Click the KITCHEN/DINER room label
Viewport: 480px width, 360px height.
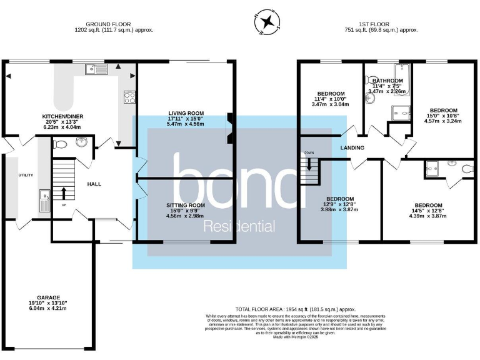(62, 116)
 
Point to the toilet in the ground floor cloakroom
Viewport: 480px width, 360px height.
(61, 144)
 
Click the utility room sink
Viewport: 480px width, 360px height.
(44, 202)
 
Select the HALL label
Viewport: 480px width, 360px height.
(94, 184)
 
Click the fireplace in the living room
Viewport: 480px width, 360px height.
(230, 128)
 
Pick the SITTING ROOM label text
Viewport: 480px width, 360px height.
(186, 205)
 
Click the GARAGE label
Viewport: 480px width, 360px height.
(48, 297)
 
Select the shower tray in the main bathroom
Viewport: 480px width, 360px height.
(399, 112)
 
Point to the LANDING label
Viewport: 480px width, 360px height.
(352, 148)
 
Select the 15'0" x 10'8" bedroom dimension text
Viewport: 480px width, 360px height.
(443, 116)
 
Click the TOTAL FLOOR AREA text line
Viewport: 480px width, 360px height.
(295, 309)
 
